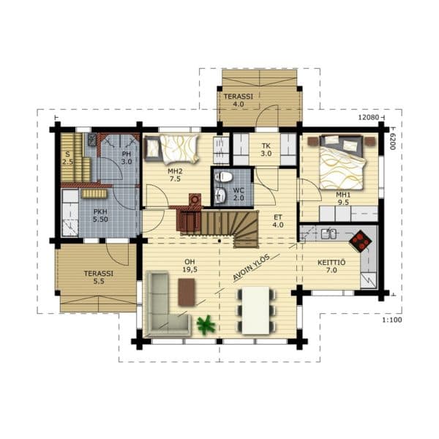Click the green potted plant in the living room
point(206,325)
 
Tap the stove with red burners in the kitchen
point(360,241)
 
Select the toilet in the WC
point(223,176)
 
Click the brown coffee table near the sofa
point(187,292)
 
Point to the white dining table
point(255,310)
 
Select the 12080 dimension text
point(369,117)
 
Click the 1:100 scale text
point(392,320)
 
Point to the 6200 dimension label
point(392,141)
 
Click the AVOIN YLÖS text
point(252,267)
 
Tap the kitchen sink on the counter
point(329,234)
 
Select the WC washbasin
point(221,195)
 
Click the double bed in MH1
point(342,162)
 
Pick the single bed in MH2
point(172,149)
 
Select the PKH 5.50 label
point(100,216)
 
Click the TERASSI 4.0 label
point(239,100)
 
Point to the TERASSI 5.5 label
point(99,277)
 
